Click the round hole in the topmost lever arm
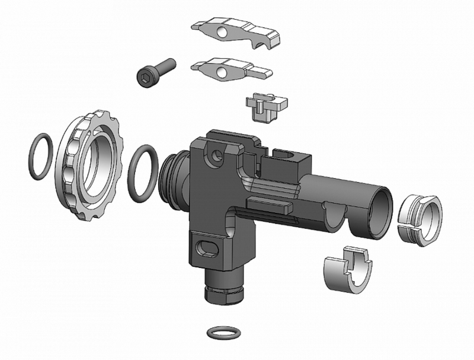point(224,31)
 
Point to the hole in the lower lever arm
point(222,72)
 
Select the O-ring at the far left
point(43,157)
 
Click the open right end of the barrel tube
point(379,205)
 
